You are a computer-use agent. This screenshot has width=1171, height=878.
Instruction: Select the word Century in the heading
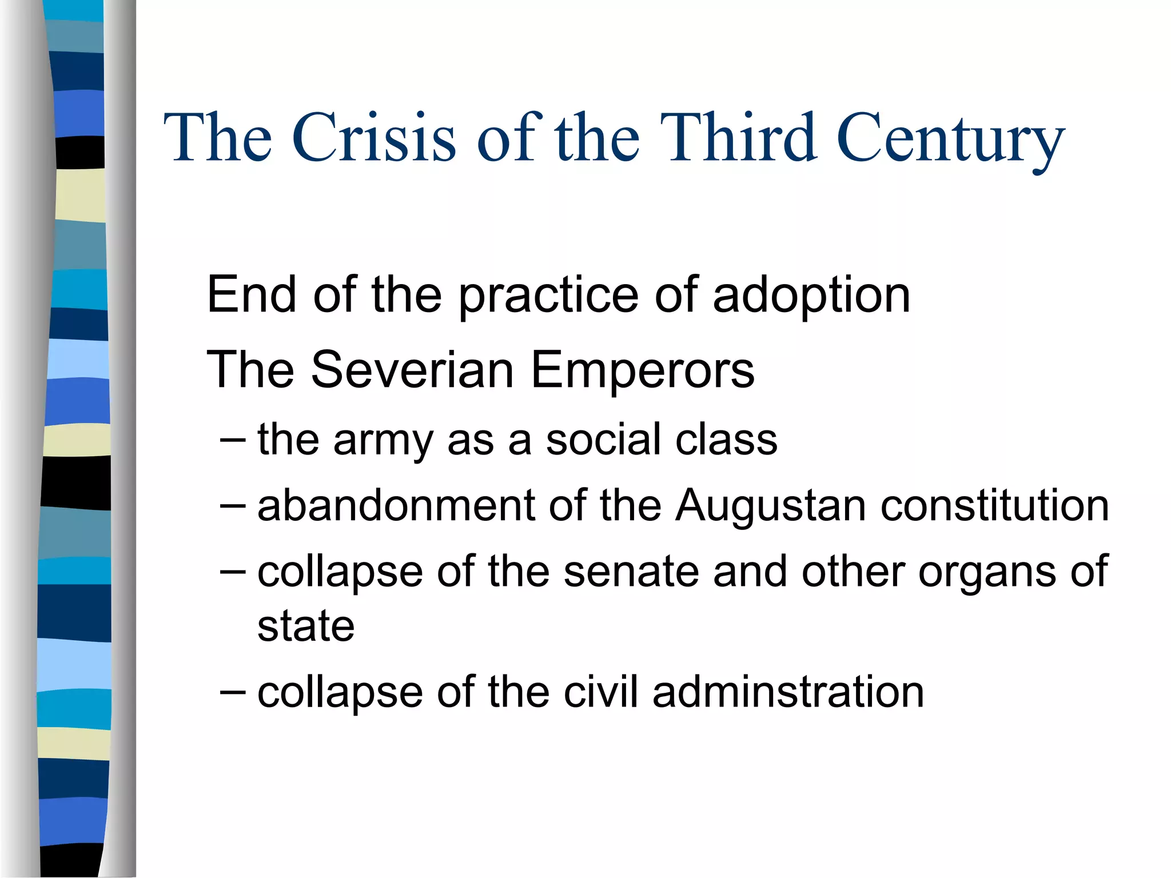pos(950,140)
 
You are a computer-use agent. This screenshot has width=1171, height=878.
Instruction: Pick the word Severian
pos(412,370)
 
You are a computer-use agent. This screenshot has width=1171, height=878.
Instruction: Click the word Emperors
pos(642,371)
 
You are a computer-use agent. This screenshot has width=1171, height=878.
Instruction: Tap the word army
pos(383,441)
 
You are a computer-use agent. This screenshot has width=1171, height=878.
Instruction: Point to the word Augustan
pos(770,506)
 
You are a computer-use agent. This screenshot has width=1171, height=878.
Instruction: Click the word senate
pos(631,572)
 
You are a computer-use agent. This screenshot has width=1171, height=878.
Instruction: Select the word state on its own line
pos(306,626)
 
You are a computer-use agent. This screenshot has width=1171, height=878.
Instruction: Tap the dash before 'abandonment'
pos(233,506)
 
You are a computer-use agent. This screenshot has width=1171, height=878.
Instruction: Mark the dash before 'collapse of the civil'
pos(233,692)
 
